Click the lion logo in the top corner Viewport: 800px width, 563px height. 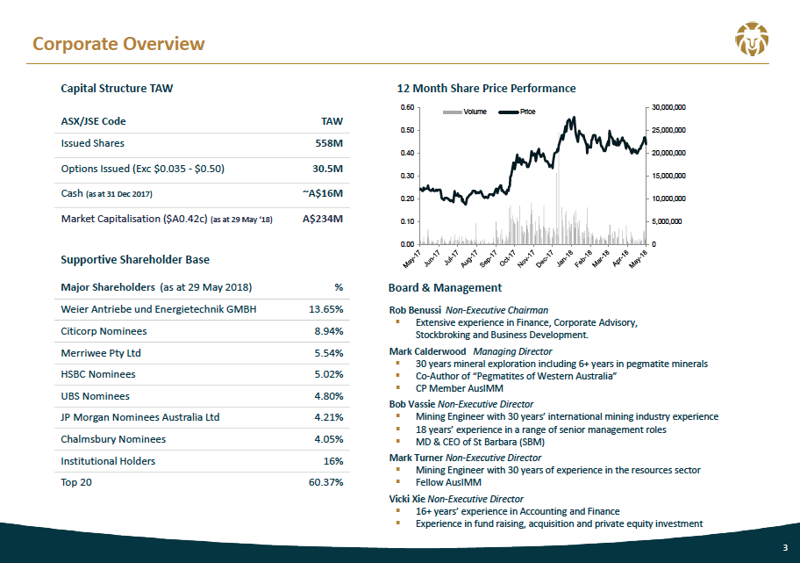752,39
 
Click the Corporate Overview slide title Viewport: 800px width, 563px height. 118,44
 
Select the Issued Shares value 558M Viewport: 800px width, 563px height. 329,143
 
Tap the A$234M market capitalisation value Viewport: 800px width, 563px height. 323,219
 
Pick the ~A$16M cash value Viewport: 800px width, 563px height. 323,193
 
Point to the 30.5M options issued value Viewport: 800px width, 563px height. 327,169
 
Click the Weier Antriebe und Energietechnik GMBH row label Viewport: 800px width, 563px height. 159,309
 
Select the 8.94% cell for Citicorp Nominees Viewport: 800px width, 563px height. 329,331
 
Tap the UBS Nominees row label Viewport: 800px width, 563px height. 95,396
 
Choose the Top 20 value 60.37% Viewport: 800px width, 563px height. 326,482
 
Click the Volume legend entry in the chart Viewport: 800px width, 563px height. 465,112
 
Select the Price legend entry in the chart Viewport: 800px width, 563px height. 517,112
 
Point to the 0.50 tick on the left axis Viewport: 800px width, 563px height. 407,130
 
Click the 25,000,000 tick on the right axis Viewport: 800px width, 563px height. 669,130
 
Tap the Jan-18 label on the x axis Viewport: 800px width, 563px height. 565,258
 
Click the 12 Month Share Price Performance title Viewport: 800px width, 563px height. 486,89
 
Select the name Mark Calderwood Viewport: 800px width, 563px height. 427,351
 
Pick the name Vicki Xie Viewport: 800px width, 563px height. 407,499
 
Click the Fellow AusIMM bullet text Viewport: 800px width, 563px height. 448,482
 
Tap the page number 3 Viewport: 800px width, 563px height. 785,548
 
